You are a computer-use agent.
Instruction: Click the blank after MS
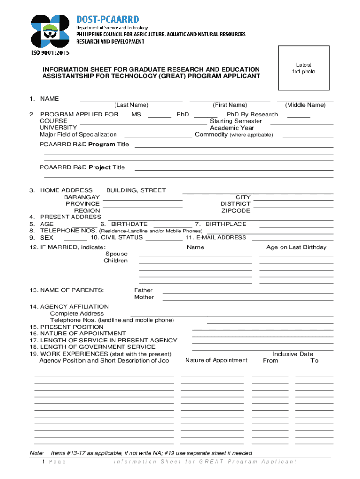(x=160, y=117)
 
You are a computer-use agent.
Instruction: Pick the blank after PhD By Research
(x=298, y=117)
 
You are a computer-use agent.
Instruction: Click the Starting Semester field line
(x=302, y=123)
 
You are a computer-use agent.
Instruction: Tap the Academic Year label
(x=232, y=128)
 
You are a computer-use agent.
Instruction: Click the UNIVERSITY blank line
(x=144, y=130)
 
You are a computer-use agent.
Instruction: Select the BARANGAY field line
(x=143, y=200)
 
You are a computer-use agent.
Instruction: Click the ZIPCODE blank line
(x=293, y=213)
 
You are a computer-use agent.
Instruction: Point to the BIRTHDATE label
(x=129, y=224)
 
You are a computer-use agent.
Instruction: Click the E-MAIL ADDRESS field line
(x=292, y=240)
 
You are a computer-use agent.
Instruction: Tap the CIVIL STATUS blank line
(x=164, y=240)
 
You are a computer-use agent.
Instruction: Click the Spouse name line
(x=195, y=256)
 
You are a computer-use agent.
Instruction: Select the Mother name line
(x=248, y=300)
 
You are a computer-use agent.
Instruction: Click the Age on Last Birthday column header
(x=296, y=247)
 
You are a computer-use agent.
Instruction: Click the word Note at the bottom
(x=36, y=453)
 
